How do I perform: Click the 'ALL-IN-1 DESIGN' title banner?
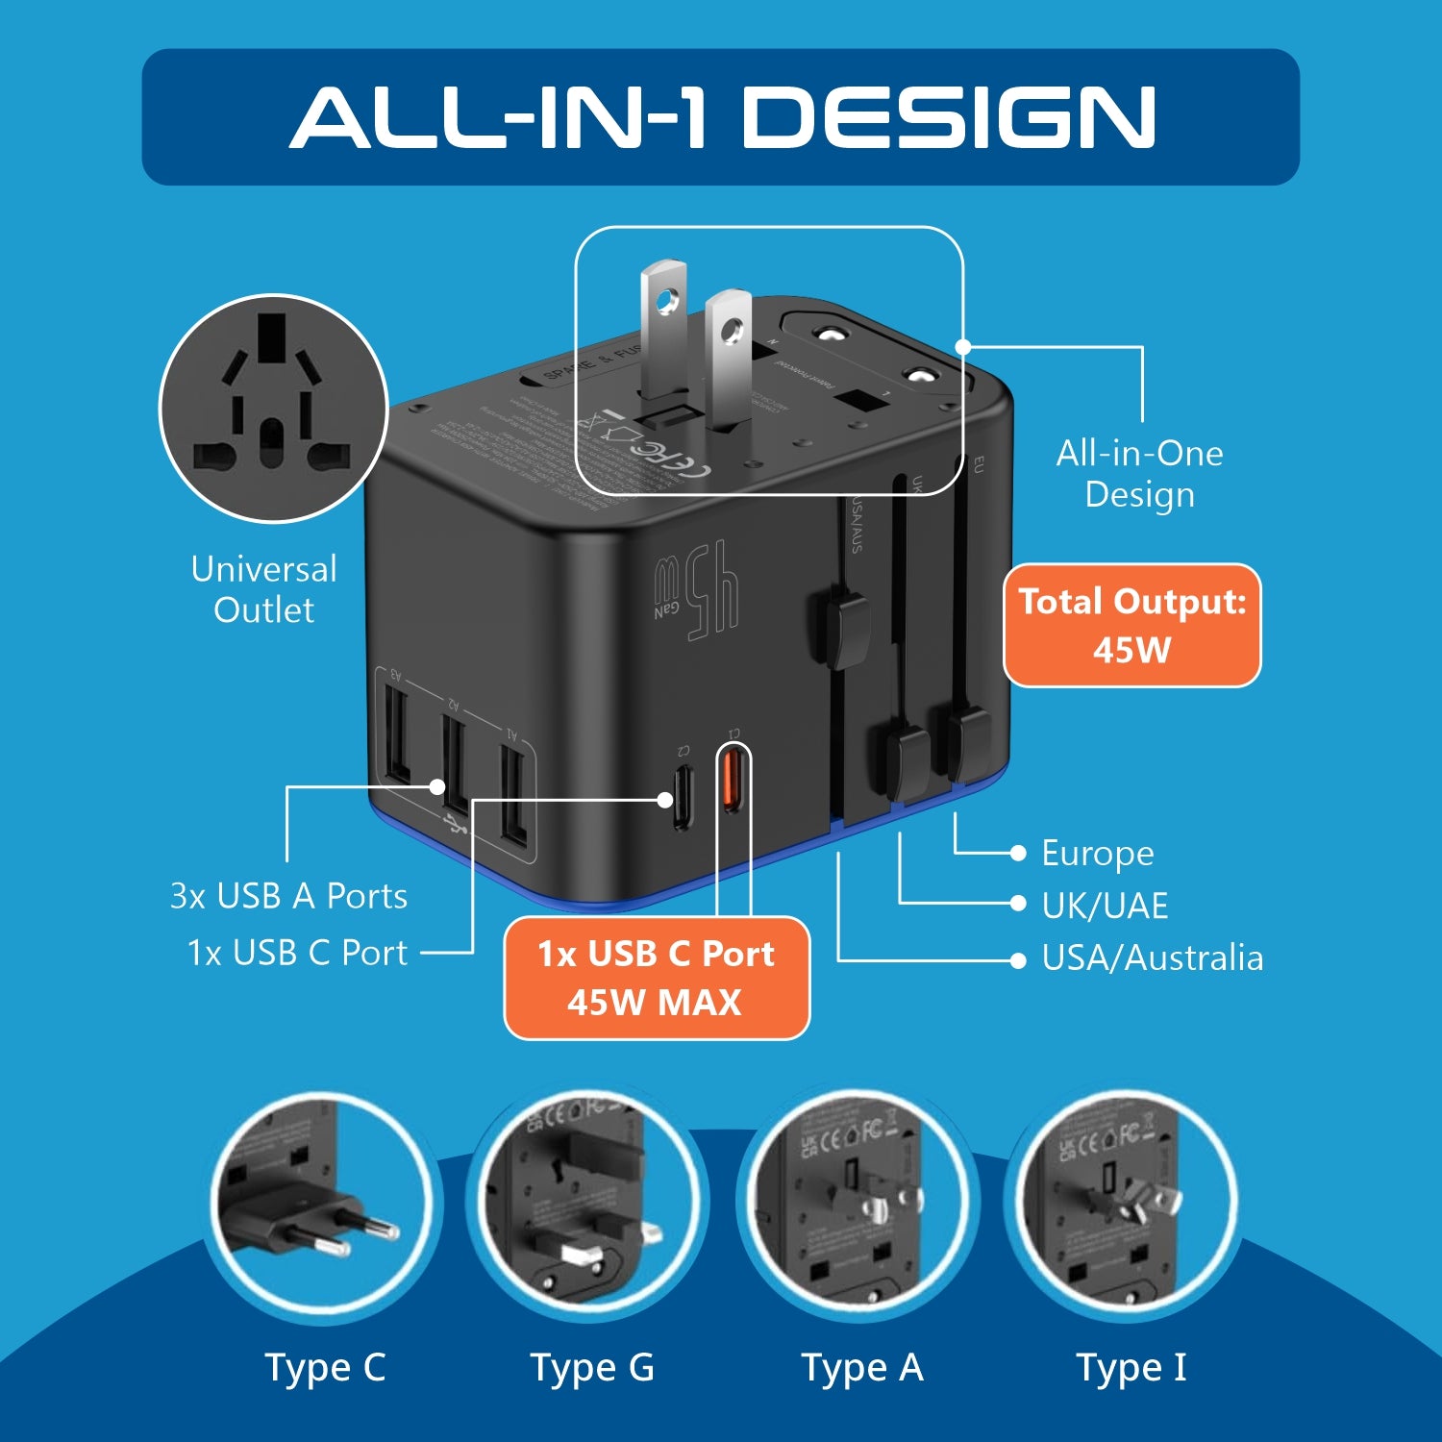tap(721, 117)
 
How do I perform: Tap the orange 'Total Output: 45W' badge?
tap(1131, 626)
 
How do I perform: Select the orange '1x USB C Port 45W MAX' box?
tap(657, 978)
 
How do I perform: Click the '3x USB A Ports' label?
tap(288, 896)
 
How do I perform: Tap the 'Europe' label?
tap(1097, 853)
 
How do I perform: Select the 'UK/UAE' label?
tap(1105, 906)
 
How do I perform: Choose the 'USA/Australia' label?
tap(1152, 958)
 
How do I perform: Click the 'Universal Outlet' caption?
tap(263, 589)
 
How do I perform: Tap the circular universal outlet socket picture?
tap(273, 409)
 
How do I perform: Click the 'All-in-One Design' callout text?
tap(1139, 474)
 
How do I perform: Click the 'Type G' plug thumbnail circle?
tap(588, 1206)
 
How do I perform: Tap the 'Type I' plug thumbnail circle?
tap(1123, 1206)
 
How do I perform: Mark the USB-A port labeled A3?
tap(396, 731)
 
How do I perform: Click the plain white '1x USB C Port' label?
tap(297, 953)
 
